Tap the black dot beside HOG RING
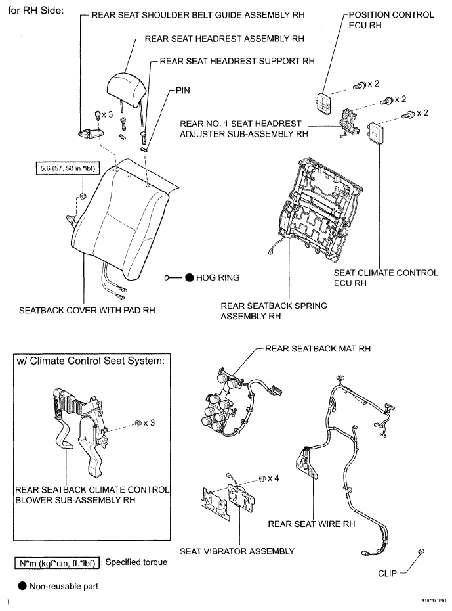pos(189,277)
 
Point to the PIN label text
pos(183,91)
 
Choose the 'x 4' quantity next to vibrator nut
pos(274,478)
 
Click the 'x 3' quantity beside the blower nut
pos(149,423)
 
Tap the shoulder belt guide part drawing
pos(91,133)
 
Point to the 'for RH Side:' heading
pos(36,11)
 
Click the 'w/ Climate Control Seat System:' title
pos(91,361)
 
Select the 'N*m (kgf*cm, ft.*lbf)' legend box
pos(57,563)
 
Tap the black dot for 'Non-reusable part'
pos(22,586)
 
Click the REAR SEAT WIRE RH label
pos(312,524)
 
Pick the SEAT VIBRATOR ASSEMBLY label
pos(237,551)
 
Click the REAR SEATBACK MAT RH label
pos(318,348)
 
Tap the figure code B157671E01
pos(434,601)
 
